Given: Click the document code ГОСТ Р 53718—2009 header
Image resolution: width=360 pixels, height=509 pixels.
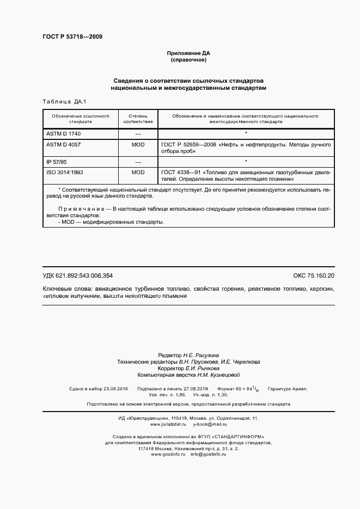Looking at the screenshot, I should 72,37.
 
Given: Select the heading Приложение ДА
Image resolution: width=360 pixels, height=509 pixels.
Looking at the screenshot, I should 188,53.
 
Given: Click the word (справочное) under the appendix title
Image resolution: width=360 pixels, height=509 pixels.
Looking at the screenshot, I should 188,59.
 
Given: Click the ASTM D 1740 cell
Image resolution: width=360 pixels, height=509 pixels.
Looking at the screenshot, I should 64,133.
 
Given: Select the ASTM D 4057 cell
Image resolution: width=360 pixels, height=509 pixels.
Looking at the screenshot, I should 64,145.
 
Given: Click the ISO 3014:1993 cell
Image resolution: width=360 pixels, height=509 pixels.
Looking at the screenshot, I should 66,173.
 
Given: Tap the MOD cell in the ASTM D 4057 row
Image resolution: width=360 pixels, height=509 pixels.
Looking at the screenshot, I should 138,145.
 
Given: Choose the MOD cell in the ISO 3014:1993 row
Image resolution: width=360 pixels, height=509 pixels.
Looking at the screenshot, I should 138,173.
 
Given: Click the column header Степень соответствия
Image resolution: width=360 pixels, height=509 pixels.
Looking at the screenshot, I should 138,119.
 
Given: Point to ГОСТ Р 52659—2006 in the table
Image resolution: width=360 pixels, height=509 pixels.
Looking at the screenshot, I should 188,145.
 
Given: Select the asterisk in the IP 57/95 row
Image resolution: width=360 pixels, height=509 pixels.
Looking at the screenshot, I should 246,162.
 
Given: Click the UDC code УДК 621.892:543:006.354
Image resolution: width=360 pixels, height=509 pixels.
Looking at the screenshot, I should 77,276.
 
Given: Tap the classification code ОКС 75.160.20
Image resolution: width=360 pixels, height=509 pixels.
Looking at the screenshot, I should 314,276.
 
